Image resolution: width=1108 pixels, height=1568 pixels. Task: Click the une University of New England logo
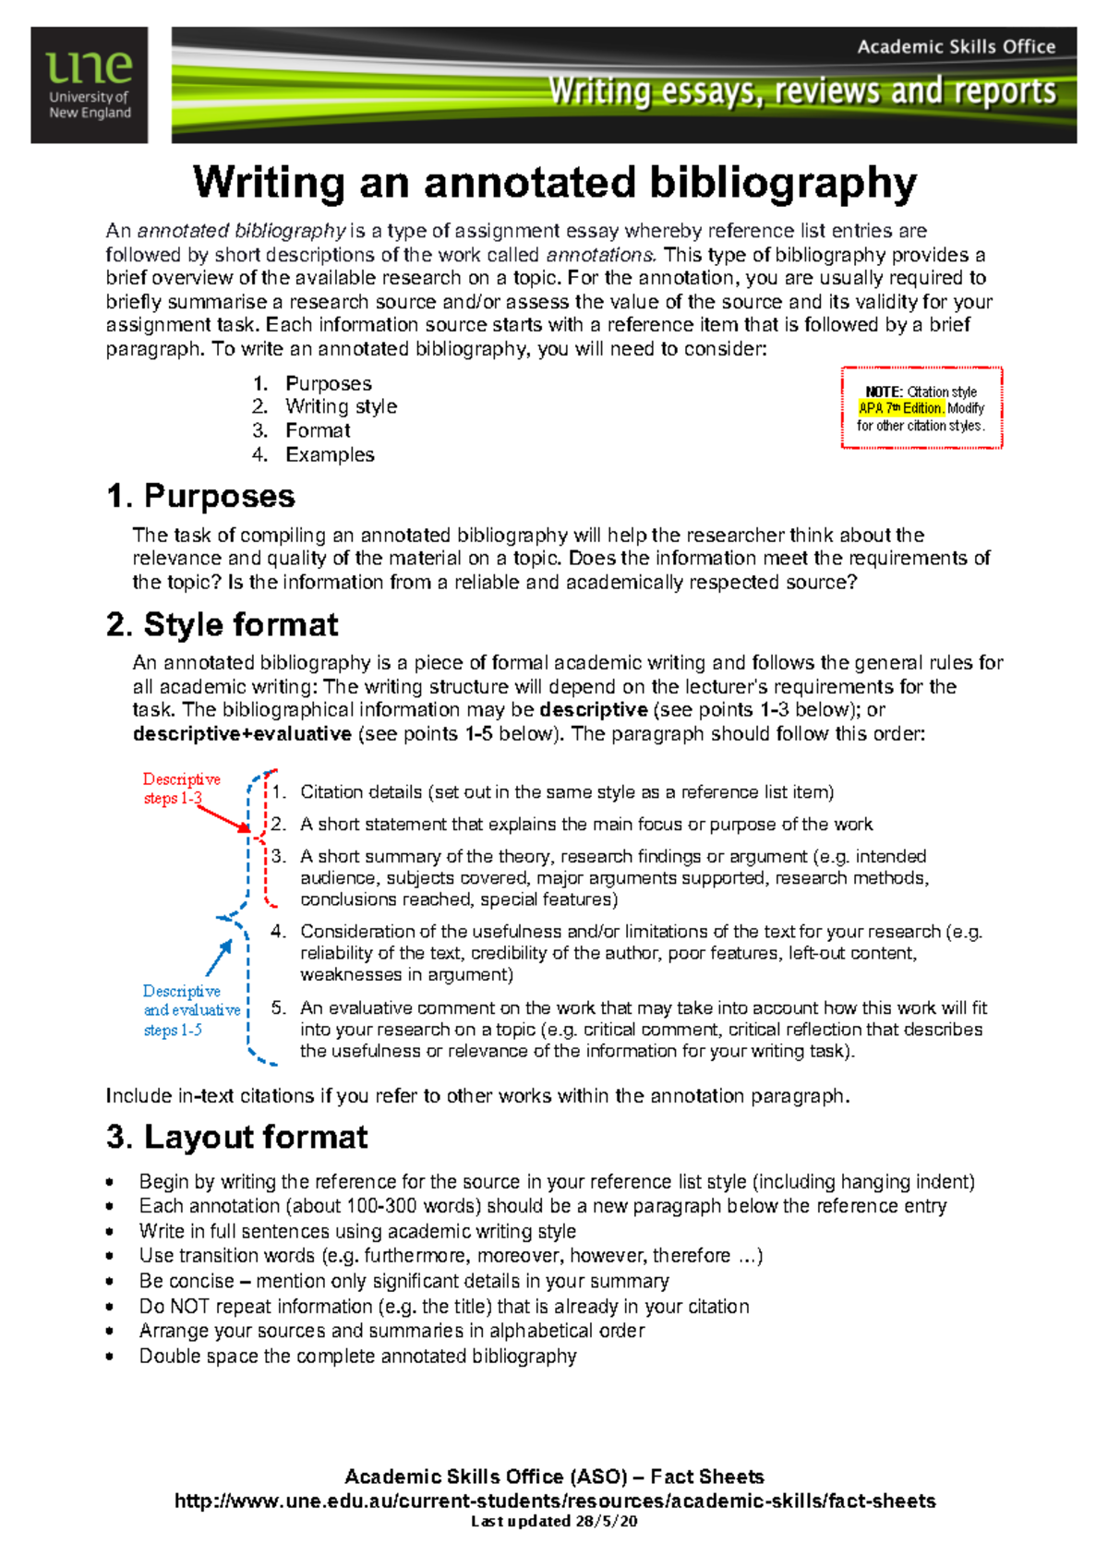(x=90, y=85)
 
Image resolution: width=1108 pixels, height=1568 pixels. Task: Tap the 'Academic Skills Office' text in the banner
(x=956, y=47)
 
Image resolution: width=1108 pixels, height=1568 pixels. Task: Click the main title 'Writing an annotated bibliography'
(x=555, y=182)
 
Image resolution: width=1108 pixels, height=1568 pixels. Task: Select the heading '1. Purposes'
(x=200, y=496)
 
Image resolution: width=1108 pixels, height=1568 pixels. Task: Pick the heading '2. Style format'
(x=222, y=624)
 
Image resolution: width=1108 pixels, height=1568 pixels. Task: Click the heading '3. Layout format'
(x=236, y=1137)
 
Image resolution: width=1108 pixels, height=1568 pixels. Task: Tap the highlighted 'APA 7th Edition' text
(x=901, y=408)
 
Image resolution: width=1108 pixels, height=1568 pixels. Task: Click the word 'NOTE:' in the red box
(x=884, y=392)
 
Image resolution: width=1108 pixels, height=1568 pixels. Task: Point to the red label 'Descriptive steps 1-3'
(x=181, y=789)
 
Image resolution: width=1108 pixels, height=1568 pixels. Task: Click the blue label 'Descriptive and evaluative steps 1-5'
(x=190, y=1010)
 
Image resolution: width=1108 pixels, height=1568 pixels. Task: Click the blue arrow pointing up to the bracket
(x=219, y=958)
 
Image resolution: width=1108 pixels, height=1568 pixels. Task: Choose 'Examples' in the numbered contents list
(x=330, y=454)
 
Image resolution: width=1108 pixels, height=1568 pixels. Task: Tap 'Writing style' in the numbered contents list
(x=341, y=406)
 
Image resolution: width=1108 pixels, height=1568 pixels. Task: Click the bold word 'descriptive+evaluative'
(x=242, y=734)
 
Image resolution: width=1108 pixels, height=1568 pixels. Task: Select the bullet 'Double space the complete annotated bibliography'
(x=357, y=1357)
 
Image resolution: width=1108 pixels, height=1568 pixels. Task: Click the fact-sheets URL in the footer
(x=555, y=1502)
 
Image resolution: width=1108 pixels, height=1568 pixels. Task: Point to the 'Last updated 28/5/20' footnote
(x=554, y=1522)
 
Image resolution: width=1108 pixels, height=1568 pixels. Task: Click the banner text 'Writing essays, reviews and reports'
(x=801, y=91)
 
